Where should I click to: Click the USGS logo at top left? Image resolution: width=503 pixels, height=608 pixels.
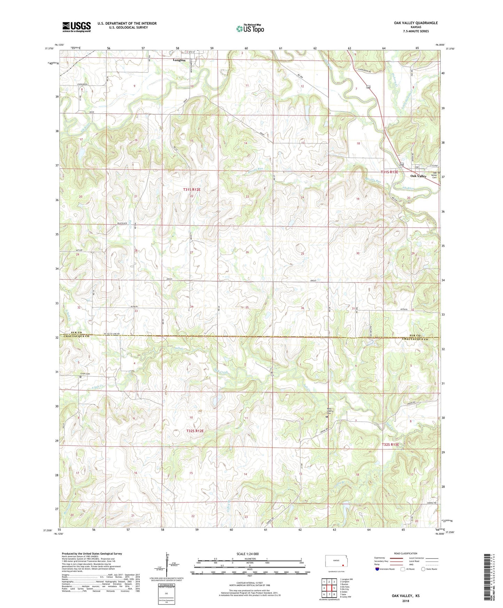coord(77,27)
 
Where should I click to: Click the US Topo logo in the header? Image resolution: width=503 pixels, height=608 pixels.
coord(250,29)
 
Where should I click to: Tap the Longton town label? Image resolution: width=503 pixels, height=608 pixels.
coord(179,60)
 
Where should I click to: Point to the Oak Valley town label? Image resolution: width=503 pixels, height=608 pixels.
coord(418,176)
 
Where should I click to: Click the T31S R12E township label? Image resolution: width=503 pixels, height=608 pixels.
coord(192,189)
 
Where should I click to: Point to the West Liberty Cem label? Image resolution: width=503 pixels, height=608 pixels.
coord(329,411)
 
